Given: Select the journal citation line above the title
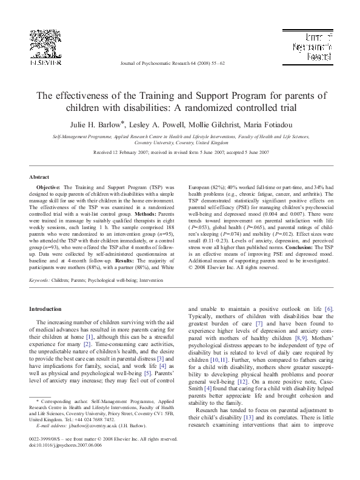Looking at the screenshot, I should pos(180,62).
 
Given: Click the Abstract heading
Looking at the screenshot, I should pos(39,176).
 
